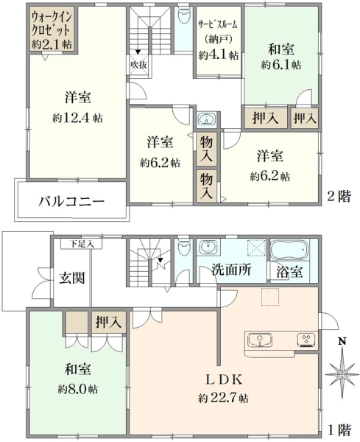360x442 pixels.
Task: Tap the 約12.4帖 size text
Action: tap(77, 118)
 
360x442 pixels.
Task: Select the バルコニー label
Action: tap(71, 201)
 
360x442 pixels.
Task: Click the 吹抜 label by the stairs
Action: tap(138, 65)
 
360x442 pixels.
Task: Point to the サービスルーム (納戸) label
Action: tap(218, 32)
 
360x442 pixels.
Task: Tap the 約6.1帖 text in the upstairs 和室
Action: tap(280, 65)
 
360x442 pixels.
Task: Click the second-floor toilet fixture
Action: tap(183, 16)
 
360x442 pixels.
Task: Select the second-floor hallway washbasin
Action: tap(207, 119)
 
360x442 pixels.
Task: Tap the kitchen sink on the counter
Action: tap(260, 340)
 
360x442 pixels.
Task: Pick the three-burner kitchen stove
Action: tap(306, 340)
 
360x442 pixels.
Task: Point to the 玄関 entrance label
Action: tap(72, 278)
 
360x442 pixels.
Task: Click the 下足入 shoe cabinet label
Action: tap(82, 244)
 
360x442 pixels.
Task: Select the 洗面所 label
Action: tap(231, 270)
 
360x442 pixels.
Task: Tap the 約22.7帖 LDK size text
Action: tap(223, 399)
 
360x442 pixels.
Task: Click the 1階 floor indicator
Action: tap(339, 430)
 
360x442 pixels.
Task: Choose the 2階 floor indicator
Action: tap(339, 196)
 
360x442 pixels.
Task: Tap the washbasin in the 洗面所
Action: tap(208, 248)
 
